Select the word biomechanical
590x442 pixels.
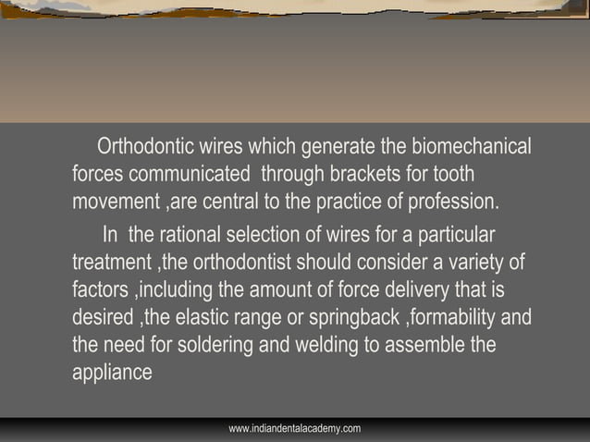click(x=471, y=148)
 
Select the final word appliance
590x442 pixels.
click(x=111, y=374)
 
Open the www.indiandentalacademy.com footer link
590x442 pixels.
click(x=294, y=429)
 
